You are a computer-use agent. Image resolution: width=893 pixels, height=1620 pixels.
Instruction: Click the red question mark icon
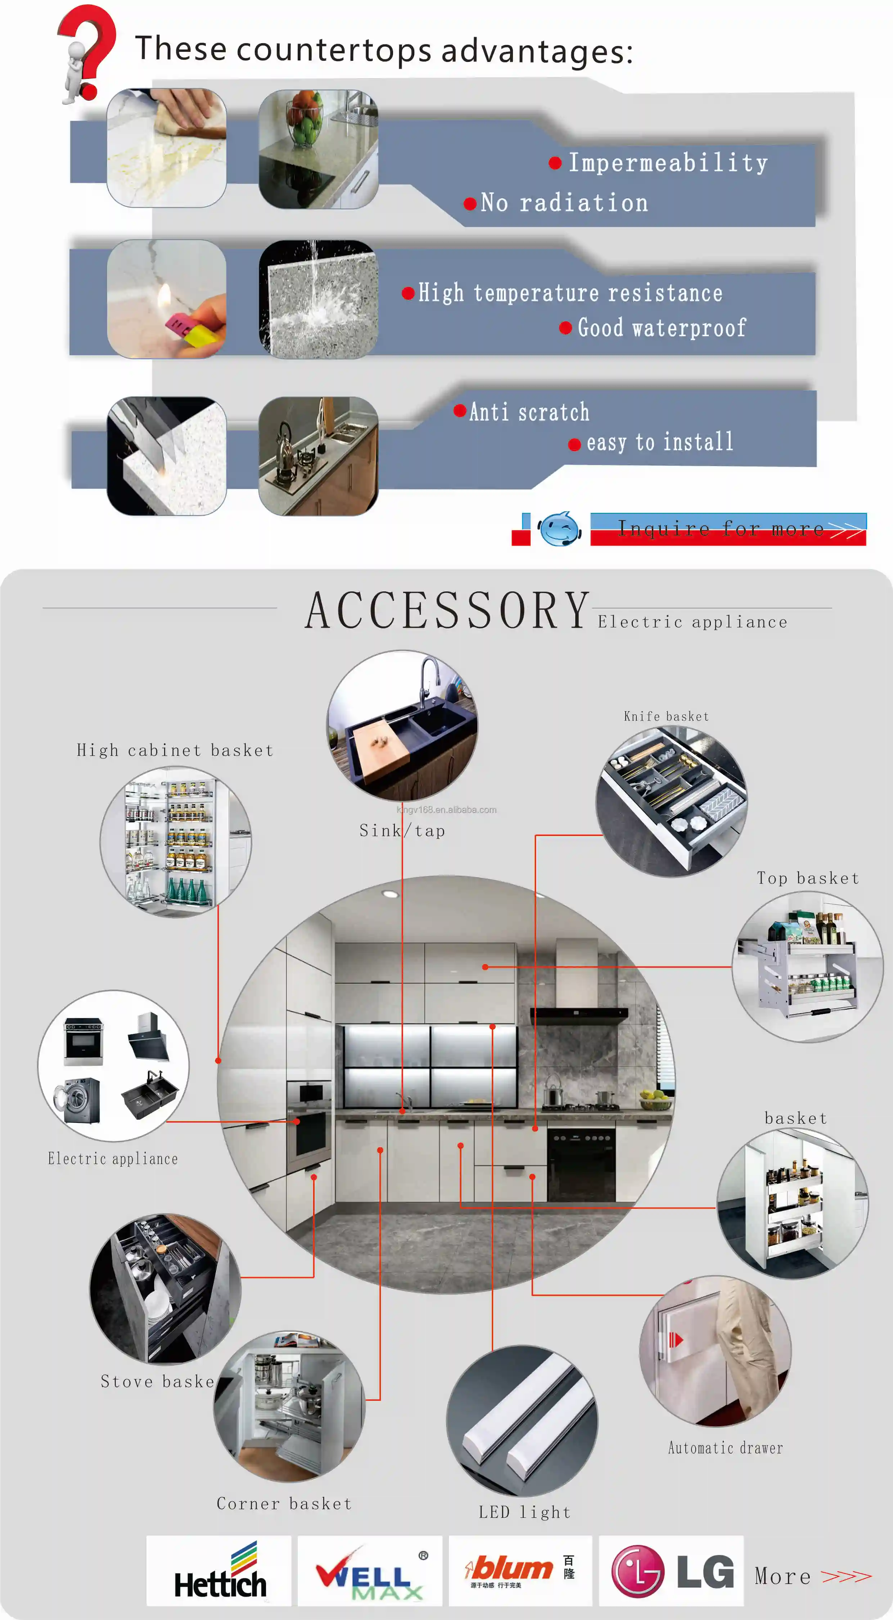tap(88, 50)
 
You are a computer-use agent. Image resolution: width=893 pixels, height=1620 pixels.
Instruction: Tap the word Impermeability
tap(668, 163)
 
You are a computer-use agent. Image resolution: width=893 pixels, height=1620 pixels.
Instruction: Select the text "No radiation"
tap(564, 203)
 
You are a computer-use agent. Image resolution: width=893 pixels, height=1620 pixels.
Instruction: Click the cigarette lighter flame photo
tap(167, 299)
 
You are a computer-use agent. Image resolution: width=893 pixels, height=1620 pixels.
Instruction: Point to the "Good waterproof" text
tap(662, 328)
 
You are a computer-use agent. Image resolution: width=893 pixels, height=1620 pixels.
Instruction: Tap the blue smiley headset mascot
tap(559, 529)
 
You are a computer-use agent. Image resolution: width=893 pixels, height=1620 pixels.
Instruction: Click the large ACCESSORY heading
tap(447, 611)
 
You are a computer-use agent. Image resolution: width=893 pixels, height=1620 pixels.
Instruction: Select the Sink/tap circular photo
tap(402, 725)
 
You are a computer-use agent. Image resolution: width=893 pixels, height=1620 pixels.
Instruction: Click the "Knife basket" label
tap(666, 716)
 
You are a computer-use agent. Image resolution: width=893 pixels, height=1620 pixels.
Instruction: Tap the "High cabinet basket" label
tap(175, 750)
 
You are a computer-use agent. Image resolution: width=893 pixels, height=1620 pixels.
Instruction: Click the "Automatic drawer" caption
tap(725, 1448)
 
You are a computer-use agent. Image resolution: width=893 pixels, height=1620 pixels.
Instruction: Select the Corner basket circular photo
tap(289, 1405)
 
